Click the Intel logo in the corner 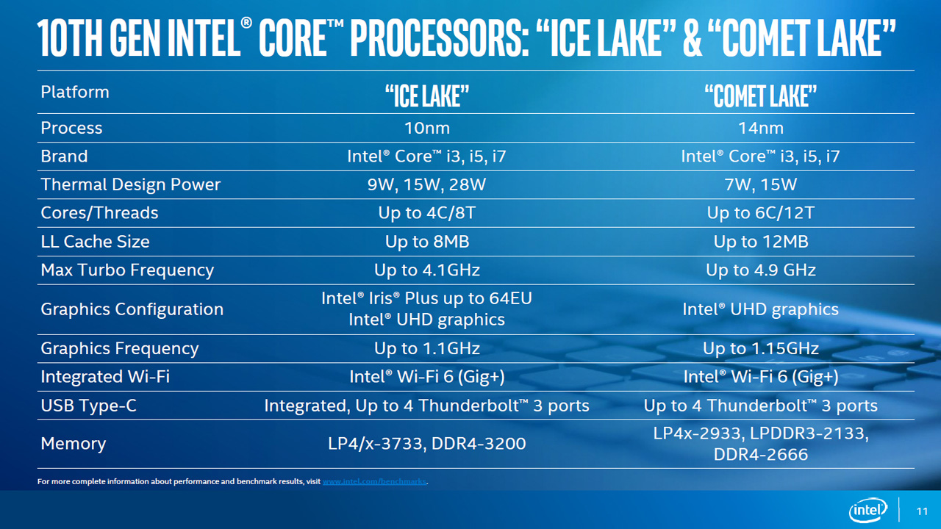coord(868,510)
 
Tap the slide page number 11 coord(923,511)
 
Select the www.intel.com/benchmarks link coord(375,482)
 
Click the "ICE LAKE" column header coord(427,96)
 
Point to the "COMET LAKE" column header coord(761,96)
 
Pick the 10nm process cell coord(427,128)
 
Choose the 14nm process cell coord(761,128)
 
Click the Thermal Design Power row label coord(131,184)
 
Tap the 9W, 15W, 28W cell coord(427,184)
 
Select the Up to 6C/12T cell coord(761,213)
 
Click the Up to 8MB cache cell coord(427,242)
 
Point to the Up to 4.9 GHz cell coord(761,270)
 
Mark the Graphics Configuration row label coord(132,309)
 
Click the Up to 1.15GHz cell coord(761,348)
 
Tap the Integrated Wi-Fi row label coord(105,377)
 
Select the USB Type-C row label coord(89,406)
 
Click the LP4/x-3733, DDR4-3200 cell coord(427,444)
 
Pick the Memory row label coord(74,444)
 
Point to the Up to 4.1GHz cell coord(427,270)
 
